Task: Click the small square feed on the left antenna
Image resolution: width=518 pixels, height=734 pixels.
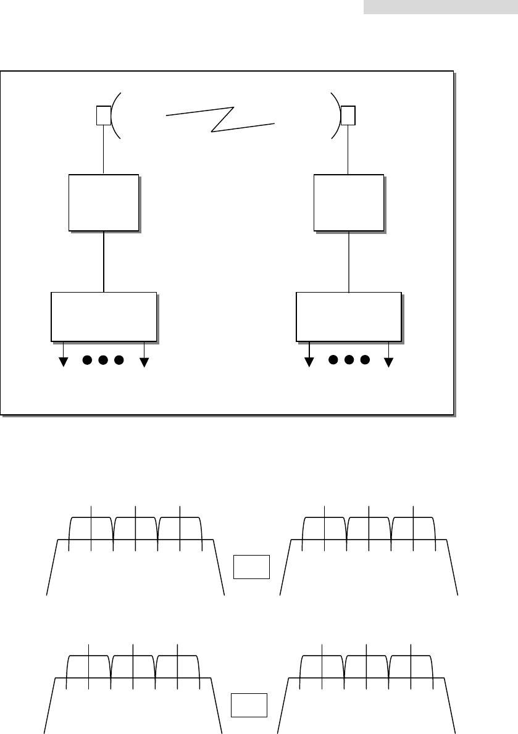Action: pos(104,115)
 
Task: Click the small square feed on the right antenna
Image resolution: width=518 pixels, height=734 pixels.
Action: pos(348,115)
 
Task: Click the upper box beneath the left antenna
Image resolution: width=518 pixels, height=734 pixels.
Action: pos(104,202)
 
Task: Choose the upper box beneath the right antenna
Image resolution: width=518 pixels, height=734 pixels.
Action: pos(349,202)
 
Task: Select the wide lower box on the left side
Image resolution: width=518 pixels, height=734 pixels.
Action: pos(103,315)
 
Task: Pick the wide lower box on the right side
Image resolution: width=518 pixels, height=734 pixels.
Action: pos(349,315)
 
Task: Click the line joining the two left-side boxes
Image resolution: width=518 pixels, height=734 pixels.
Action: pos(104,261)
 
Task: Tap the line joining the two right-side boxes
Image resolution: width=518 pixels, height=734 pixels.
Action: pos(349,261)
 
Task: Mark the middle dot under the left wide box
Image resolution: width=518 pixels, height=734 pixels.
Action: pos(103,359)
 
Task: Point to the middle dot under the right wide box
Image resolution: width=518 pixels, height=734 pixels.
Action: pos(349,359)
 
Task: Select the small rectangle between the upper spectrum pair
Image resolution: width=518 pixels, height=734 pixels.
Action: pos(252,567)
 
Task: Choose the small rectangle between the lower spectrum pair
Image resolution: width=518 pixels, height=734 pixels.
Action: pos(249,705)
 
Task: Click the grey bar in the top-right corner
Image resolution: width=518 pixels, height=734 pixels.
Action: pos(440,7)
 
